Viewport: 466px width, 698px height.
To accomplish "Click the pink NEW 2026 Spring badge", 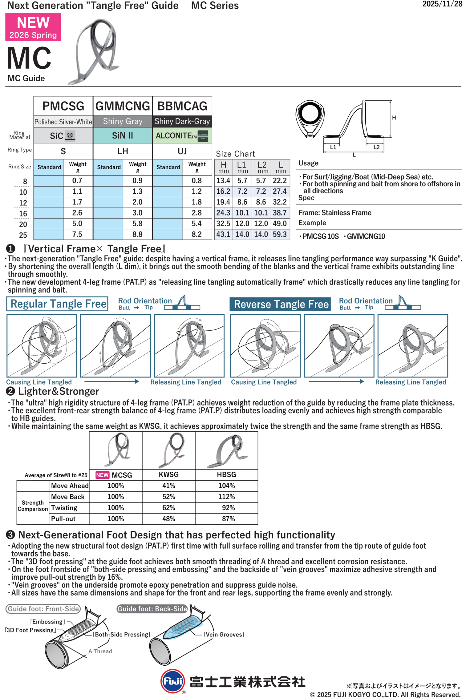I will click(x=33, y=27).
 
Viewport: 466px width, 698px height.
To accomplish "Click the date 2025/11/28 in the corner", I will click(x=442, y=4).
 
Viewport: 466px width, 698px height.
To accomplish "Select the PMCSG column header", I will click(x=63, y=106).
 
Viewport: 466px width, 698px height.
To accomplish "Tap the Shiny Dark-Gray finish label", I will click(x=182, y=121).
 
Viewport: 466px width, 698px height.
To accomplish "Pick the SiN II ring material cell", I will click(x=123, y=135).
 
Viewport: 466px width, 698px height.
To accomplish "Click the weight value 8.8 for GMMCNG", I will click(x=137, y=234).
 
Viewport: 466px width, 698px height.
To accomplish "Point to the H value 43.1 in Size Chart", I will click(x=223, y=234).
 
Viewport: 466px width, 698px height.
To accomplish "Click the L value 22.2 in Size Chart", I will click(x=280, y=180).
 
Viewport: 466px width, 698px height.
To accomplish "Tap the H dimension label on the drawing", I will click(x=394, y=118).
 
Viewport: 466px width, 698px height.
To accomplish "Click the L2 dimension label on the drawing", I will click(x=376, y=147).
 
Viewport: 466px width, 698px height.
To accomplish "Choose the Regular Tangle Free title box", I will click(x=58, y=304).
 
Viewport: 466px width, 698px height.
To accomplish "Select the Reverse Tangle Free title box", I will click(x=280, y=304).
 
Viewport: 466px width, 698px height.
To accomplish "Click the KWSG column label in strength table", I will click(x=168, y=474).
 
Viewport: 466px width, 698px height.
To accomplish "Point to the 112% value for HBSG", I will click(x=226, y=497).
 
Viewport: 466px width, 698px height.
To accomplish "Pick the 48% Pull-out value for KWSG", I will click(x=168, y=519).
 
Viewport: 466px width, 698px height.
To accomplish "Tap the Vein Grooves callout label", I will click(x=224, y=635).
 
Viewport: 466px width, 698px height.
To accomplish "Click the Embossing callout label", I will click(x=47, y=622).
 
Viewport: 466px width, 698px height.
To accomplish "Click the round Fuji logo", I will click(x=172, y=681).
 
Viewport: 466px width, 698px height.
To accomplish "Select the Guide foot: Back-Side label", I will click(x=152, y=609).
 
